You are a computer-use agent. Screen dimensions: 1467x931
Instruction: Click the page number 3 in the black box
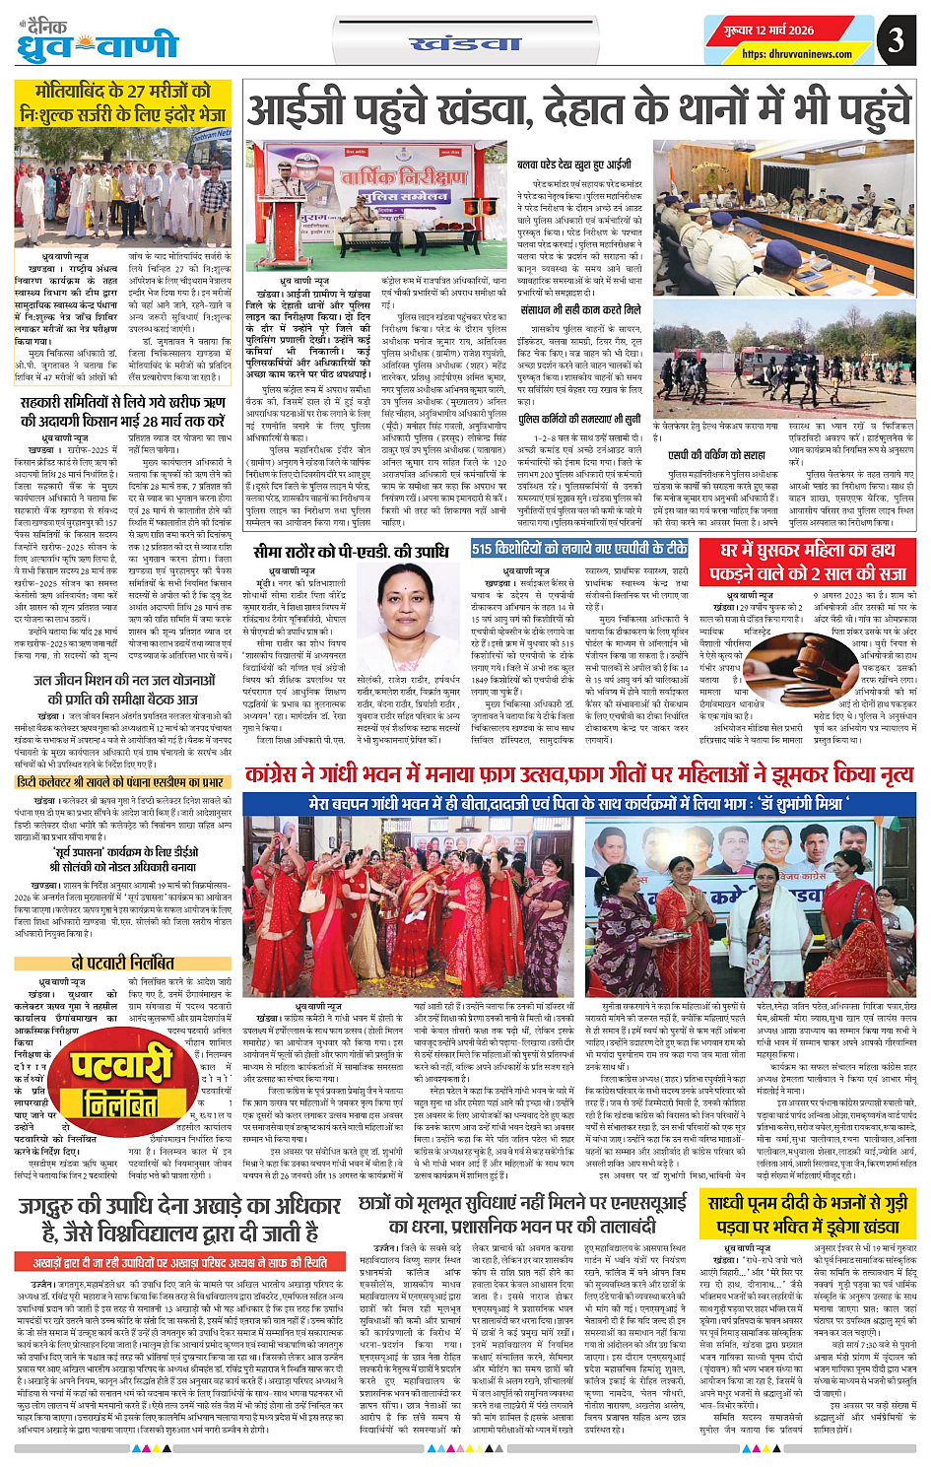click(895, 40)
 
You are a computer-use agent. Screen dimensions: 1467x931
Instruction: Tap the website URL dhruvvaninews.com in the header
click(796, 54)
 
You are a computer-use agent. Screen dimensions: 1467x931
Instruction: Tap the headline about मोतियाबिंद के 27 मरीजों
click(123, 103)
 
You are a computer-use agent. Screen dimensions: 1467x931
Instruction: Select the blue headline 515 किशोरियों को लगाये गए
click(579, 549)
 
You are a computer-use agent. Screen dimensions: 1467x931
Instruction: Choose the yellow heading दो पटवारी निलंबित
click(123, 963)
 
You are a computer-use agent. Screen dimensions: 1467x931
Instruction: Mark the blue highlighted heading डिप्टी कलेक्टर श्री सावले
click(123, 783)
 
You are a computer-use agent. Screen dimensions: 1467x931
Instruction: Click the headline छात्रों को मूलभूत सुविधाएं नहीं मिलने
click(522, 1214)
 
